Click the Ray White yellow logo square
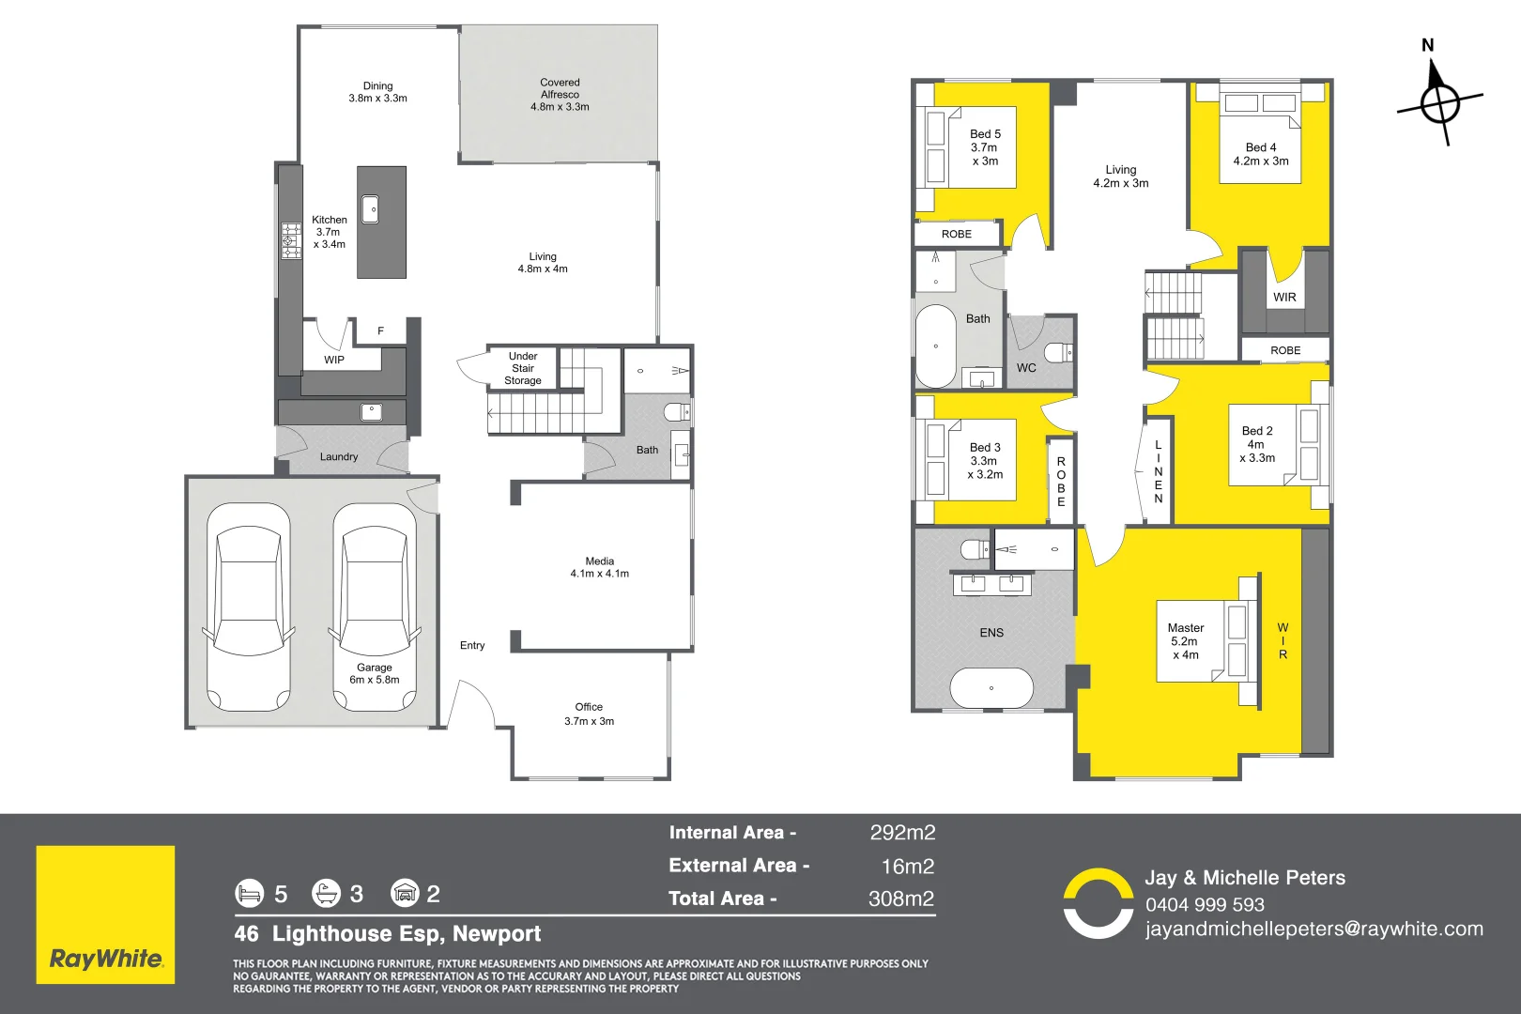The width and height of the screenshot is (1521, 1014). [105, 914]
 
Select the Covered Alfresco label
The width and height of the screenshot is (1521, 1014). [560, 95]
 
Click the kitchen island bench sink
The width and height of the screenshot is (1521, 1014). [370, 209]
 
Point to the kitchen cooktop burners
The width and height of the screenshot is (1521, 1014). [290, 240]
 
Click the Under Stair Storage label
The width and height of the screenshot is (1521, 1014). [523, 368]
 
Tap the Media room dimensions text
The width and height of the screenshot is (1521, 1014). [600, 574]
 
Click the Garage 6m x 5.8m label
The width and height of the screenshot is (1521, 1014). [375, 673]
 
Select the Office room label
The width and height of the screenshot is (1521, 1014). [589, 707]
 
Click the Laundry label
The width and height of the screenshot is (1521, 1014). [339, 457]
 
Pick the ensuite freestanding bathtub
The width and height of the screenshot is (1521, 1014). [991, 689]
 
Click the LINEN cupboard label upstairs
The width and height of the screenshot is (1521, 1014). [1159, 471]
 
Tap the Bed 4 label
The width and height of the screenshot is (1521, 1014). [1260, 147]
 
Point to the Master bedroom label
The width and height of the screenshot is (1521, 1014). [1185, 628]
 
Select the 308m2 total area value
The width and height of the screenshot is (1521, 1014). [900, 899]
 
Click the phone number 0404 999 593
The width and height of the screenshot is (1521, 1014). [1205, 905]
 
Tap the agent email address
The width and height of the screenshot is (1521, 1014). [1314, 929]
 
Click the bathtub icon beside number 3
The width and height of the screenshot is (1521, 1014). [326, 893]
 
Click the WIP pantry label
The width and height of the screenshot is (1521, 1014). [334, 360]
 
